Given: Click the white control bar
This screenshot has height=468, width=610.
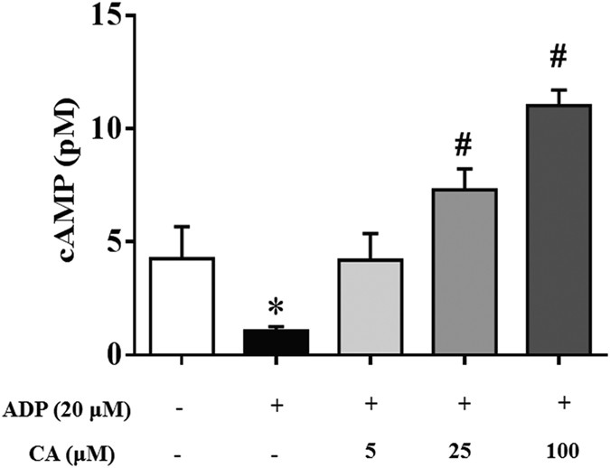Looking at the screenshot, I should click(x=183, y=306).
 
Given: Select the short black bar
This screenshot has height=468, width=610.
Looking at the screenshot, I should click(x=277, y=342).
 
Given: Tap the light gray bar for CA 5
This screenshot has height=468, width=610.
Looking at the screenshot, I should click(x=371, y=307).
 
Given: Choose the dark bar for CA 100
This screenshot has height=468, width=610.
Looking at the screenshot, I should click(x=558, y=229).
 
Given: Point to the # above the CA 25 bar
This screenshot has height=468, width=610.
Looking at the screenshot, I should click(x=465, y=145).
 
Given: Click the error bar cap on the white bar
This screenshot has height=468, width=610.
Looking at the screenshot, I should click(x=183, y=226).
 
